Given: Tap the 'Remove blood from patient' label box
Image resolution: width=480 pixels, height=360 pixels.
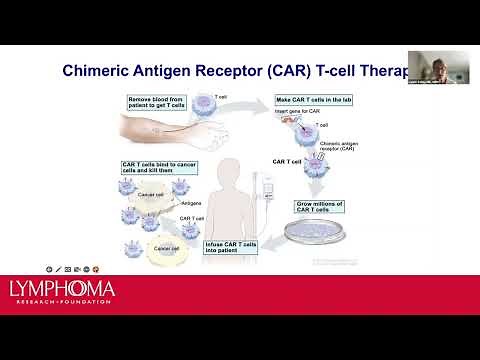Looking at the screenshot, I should [x=155, y=103].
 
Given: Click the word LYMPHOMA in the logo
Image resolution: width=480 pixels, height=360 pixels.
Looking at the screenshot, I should [x=62, y=291].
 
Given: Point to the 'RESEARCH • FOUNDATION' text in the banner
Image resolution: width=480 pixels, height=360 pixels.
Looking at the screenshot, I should [x=62, y=306].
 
